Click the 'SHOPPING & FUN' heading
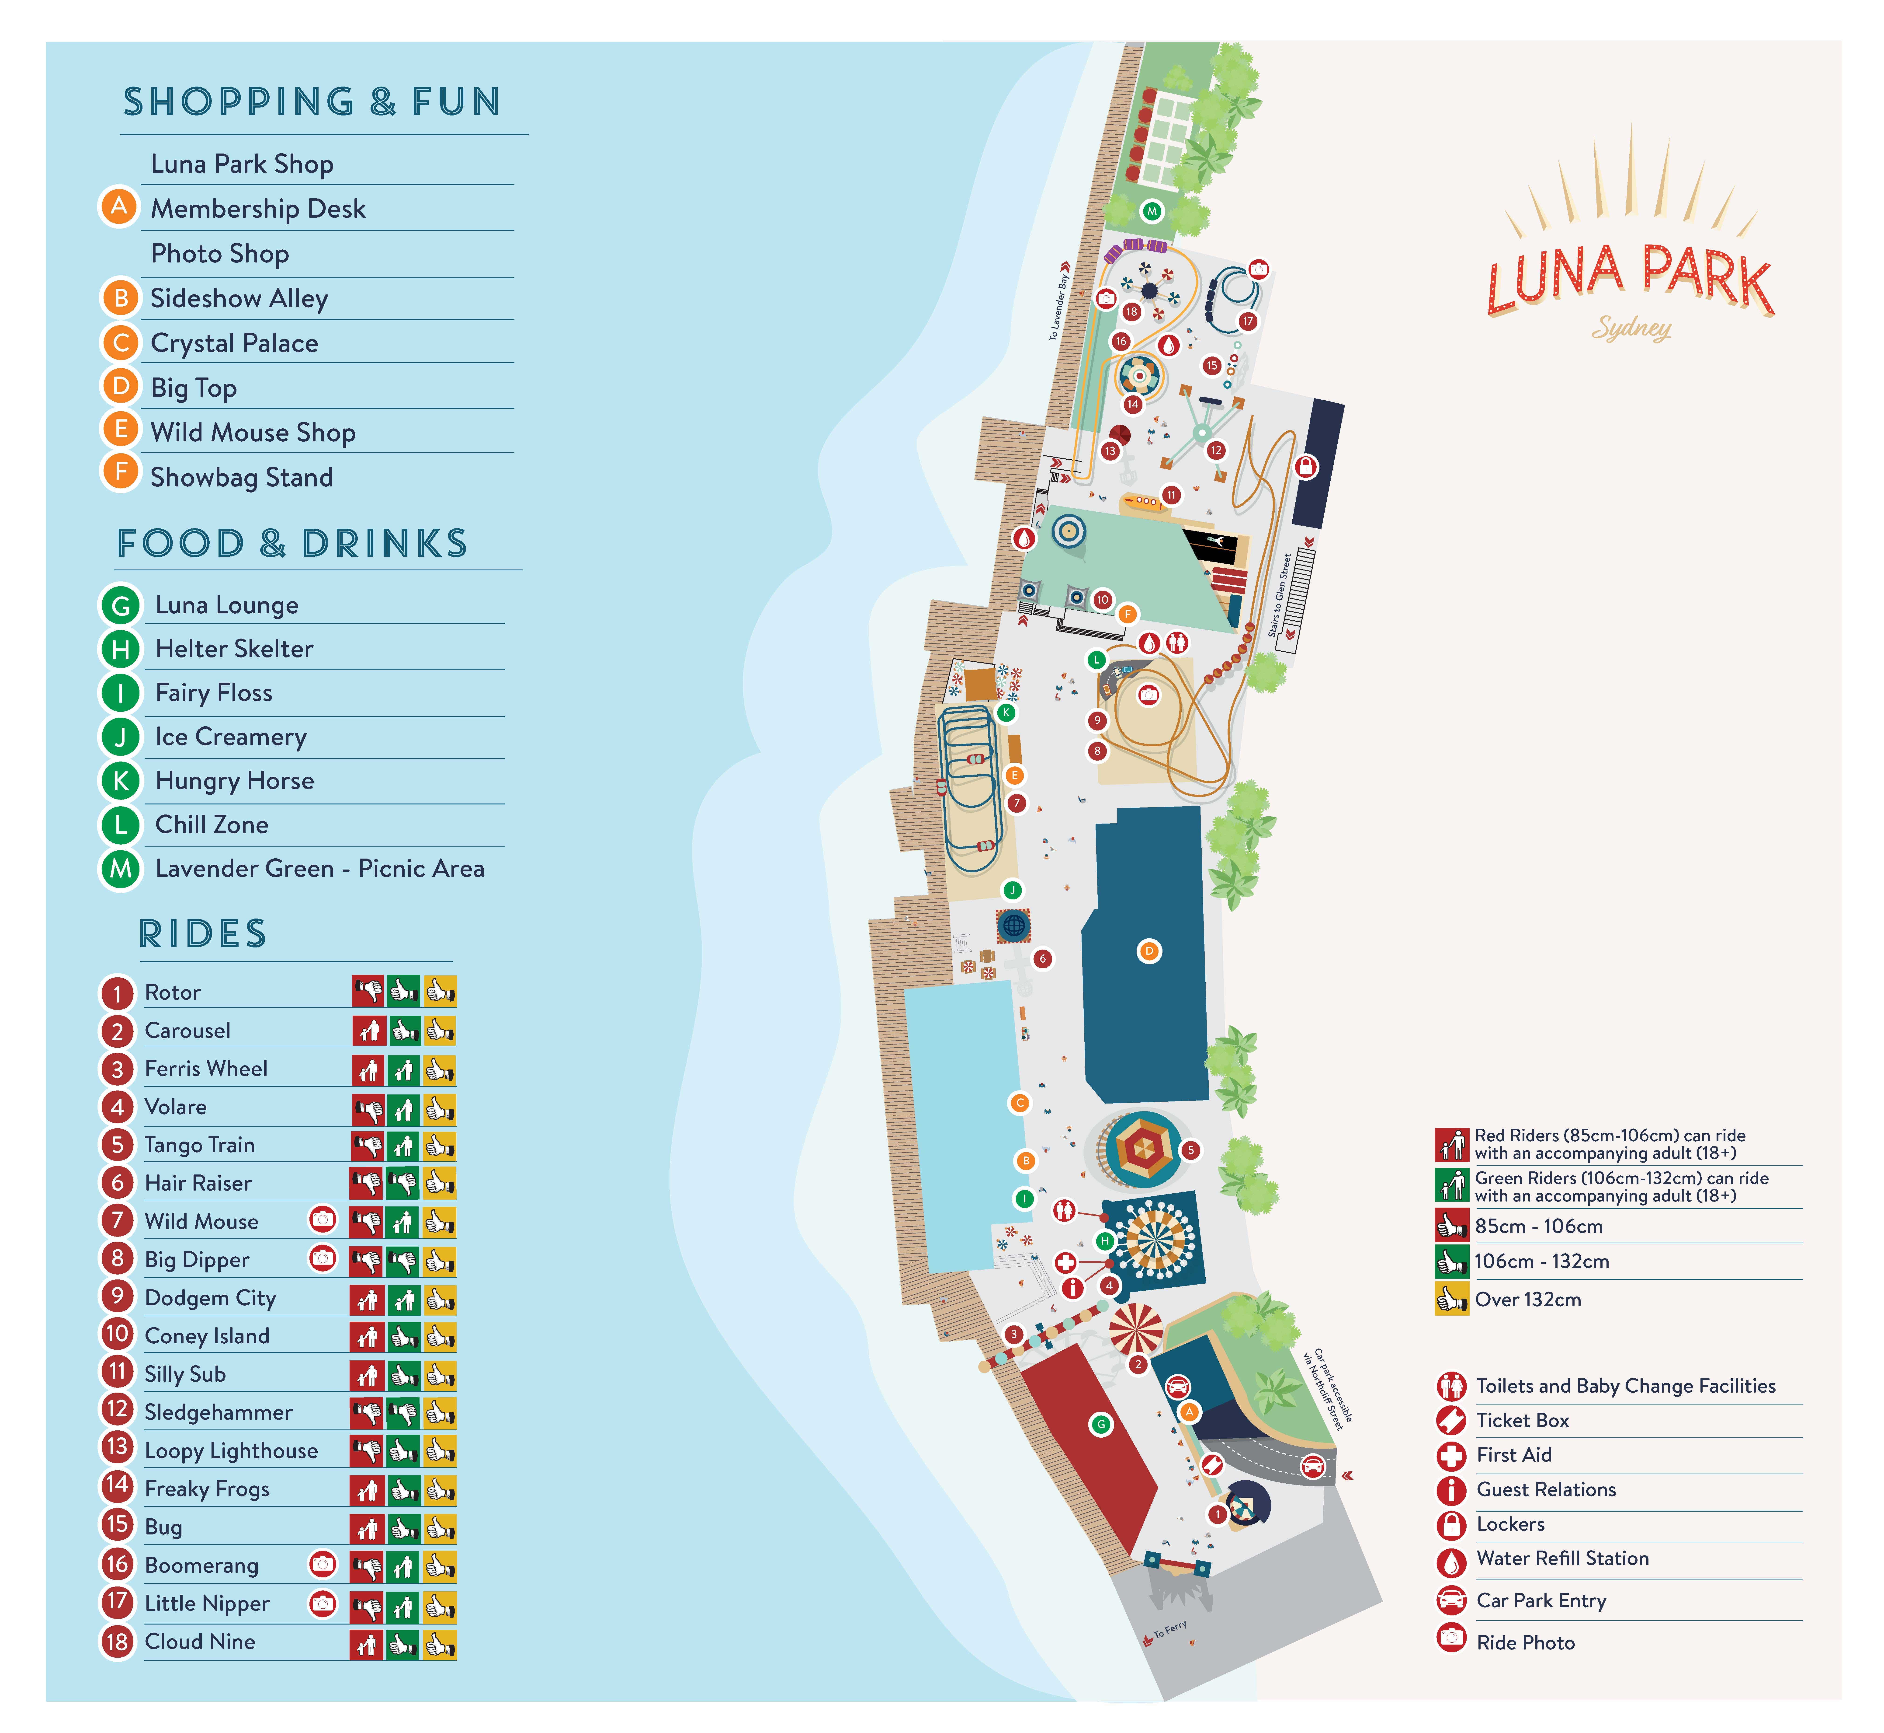tap(312, 101)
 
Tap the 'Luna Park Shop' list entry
tap(242, 164)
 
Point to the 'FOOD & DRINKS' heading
tap(291, 543)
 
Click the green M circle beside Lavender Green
tap(121, 869)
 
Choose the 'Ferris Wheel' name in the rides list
tap(206, 1069)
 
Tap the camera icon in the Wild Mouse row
tap(323, 1219)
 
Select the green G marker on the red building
tap(1101, 1425)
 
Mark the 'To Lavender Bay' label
tap(1058, 307)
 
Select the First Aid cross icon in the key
tap(1451, 1455)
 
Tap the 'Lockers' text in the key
tap(1510, 1524)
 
